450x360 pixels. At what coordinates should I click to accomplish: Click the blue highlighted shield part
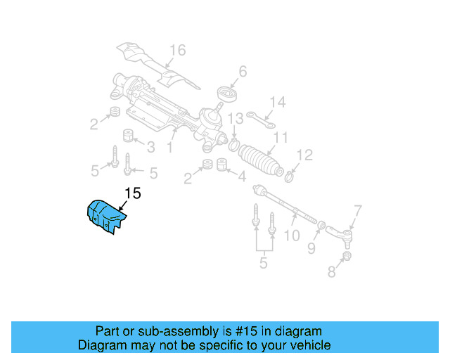point(104,215)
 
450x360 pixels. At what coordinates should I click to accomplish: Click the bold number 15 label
point(133,193)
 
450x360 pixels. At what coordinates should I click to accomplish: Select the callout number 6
point(243,71)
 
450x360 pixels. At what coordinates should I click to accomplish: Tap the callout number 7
point(357,209)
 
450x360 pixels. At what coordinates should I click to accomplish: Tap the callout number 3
point(150,146)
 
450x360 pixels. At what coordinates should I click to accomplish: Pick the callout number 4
point(241,176)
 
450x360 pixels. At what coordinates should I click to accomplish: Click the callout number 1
point(169,148)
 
